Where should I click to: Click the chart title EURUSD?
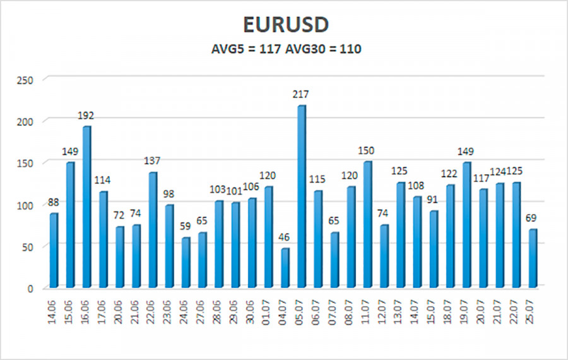coord(286,25)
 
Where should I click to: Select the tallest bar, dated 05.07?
coord(302,196)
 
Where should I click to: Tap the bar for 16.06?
coord(86,206)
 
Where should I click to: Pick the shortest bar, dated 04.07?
coord(285,268)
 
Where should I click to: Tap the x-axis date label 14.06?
coord(54,310)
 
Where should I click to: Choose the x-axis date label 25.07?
coord(533,310)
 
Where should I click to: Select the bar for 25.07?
coord(533,258)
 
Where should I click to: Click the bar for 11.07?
coord(368,224)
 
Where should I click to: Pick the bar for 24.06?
coord(186,262)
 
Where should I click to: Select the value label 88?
coord(54,203)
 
